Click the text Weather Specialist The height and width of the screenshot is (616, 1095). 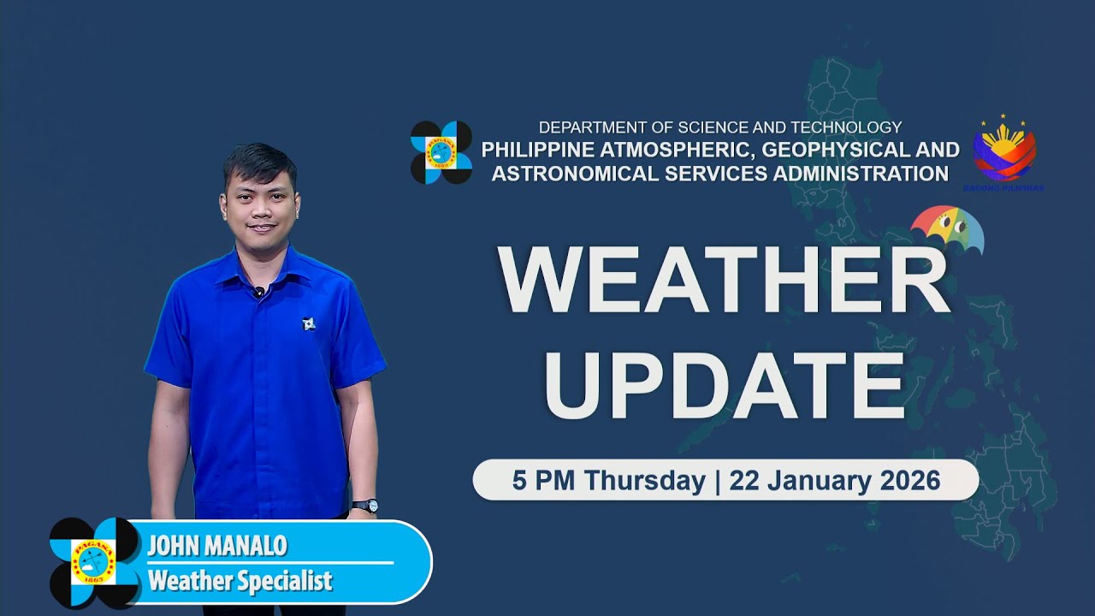click(240, 582)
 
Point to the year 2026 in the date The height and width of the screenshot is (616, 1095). click(909, 480)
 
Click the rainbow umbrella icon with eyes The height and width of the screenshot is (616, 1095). click(947, 229)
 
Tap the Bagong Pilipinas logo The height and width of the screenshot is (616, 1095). click(1004, 152)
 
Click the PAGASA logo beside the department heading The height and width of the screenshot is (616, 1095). click(441, 152)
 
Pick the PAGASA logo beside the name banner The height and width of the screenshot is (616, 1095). click(94, 562)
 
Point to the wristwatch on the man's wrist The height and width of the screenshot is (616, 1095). click(364, 506)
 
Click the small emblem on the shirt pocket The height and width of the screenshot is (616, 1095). click(309, 323)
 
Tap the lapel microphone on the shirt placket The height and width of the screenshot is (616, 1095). click(258, 293)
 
